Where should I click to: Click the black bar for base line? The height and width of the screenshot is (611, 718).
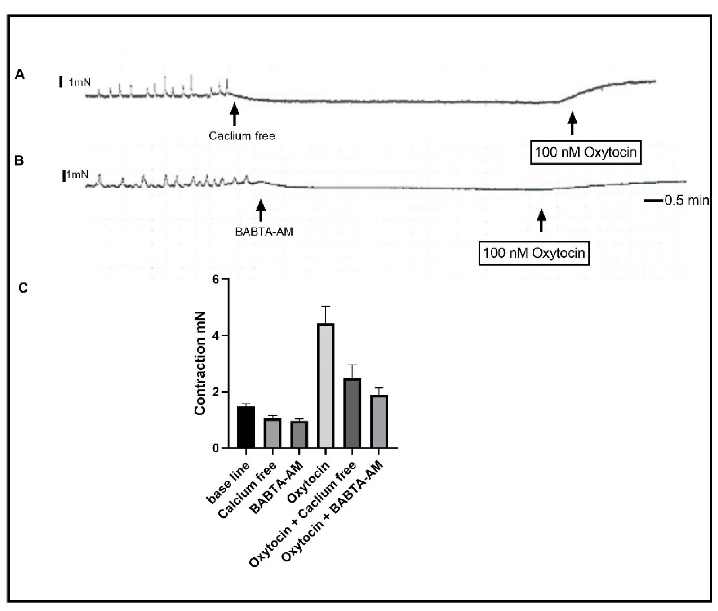(x=246, y=427)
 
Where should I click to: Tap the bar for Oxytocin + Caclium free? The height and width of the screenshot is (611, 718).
(x=352, y=413)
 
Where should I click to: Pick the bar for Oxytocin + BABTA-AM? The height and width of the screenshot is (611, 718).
(x=378, y=422)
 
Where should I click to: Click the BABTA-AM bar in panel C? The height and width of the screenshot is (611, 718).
(x=299, y=435)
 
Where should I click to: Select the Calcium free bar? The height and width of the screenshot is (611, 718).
(x=272, y=433)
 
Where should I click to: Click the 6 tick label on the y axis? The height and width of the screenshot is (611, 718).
(x=216, y=280)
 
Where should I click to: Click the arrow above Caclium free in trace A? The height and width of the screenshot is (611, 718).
(x=235, y=114)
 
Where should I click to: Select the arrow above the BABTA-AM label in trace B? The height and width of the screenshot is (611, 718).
(x=261, y=210)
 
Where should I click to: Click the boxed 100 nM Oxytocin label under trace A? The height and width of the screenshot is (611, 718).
(x=585, y=152)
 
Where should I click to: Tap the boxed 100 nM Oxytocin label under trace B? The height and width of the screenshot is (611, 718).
(x=534, y=253)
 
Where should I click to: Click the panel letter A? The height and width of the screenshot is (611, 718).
(x=20, y=75)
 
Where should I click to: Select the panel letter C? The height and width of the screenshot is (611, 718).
(x=23, y=288)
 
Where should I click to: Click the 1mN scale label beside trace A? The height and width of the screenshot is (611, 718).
(x=79, y=83)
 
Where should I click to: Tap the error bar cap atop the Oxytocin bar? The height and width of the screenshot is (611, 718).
(x=326, y=306)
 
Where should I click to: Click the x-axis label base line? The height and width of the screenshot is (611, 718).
(x=228, y=483)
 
